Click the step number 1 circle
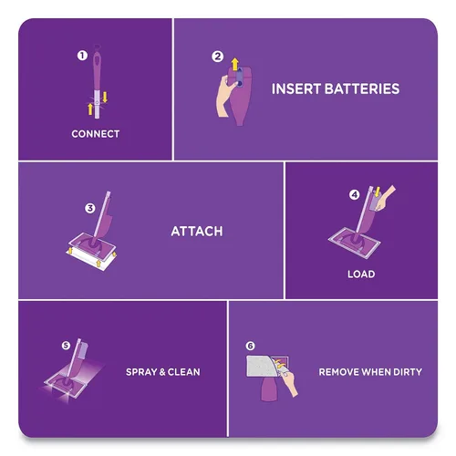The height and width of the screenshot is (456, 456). [82, 56]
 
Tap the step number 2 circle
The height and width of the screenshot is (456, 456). [217, 57]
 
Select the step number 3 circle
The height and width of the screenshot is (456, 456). [90, 208]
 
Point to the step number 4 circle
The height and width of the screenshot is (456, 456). [354, 194]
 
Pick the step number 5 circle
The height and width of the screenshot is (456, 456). [66, 346]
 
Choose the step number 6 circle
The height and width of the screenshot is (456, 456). [250, 346]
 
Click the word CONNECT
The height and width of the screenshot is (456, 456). [96, 134]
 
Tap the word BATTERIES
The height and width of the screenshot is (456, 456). [362, 88]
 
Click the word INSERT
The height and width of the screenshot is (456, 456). [296, 88]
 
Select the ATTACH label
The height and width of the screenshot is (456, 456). [197, 232]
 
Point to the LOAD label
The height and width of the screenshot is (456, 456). [361, 275]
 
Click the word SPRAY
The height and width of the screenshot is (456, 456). [141, 372]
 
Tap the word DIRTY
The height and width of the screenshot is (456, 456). [408, 372]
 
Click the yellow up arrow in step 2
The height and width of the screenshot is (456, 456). [234, 65]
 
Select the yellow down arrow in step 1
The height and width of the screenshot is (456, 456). [105, 98]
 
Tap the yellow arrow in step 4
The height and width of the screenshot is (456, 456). [378, 192]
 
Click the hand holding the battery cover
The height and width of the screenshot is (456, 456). [224, 98]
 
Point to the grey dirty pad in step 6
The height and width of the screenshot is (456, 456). [262, 367]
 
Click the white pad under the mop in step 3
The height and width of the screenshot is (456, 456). [91, 258]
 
